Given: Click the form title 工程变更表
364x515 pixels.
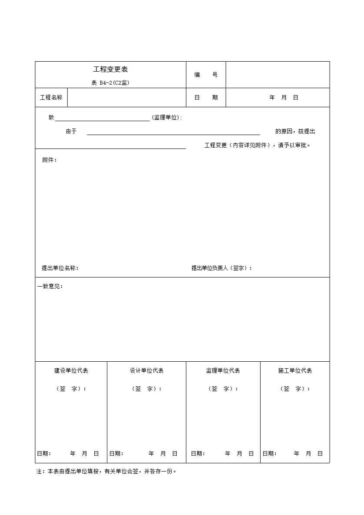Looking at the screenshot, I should (x=110, y=69).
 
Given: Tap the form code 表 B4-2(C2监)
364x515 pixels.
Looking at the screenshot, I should (x=110, y=83).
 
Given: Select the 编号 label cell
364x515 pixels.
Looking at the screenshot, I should (x=206, y=75).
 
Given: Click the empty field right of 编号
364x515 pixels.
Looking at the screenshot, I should (x=278, y=75).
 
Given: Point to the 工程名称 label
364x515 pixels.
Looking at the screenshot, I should (x=51, y=98).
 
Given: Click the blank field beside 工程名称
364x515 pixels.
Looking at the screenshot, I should (x=126, y=98).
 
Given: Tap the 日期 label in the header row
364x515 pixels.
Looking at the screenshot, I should (x=206, y=98).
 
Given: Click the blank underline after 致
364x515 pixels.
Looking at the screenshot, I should (x=102, y=118).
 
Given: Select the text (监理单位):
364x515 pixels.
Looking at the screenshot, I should (x=167, y=118).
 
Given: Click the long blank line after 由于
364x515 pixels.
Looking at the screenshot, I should (x=173, y=132).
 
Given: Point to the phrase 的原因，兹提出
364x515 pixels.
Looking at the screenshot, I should (x=295, y=132).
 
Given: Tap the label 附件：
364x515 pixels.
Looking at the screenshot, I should (x=50, y=160).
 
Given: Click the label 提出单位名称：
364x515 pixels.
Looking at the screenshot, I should (x=60, y=268).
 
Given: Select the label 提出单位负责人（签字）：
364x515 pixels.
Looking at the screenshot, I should (x=222, y=268).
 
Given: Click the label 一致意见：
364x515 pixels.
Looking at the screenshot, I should (x=50, y=287).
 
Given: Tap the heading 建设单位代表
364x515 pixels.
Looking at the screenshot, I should (x=71, y=371).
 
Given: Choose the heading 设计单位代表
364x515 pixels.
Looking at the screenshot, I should (x=147, y=371).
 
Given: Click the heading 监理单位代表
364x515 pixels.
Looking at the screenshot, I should (x=223, y=371).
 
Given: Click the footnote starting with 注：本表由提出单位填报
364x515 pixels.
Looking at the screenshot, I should (x=106, y=471).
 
